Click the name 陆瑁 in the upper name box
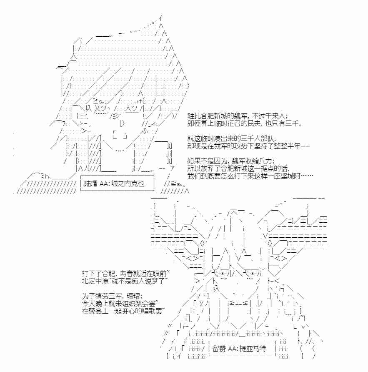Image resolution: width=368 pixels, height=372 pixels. coord(90,183)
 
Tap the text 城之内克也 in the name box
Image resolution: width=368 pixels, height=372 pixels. coord(128,183)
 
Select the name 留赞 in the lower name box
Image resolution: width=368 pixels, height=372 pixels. coord(219,349)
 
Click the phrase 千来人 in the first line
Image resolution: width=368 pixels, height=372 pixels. coord(275,116)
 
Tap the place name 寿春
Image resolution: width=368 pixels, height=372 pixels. coord(126,274)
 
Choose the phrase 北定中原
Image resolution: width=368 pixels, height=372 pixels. coord(95,281)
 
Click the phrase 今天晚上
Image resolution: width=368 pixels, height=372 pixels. coord(95,304)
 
